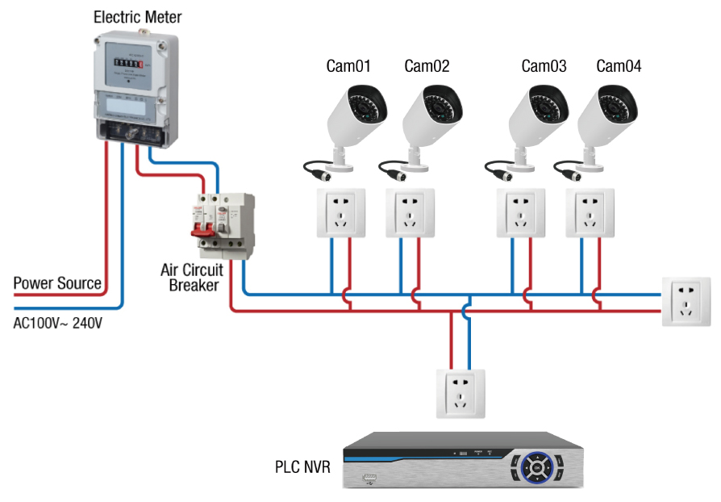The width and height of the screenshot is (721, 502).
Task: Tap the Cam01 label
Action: (348, 66)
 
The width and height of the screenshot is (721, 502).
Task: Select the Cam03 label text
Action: (544, 66)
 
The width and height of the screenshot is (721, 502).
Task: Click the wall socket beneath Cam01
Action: (340, 213)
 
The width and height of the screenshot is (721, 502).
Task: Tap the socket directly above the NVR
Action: (460, 393)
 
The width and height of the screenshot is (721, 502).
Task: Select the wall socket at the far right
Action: (686, 301)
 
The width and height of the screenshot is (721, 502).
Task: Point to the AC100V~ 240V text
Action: (58, 323)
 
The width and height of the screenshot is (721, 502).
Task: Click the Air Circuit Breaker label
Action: (191, 277)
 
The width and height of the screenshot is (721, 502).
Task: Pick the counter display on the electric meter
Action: (128, 61)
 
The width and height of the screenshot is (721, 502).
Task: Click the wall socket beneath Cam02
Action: (411, 213)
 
